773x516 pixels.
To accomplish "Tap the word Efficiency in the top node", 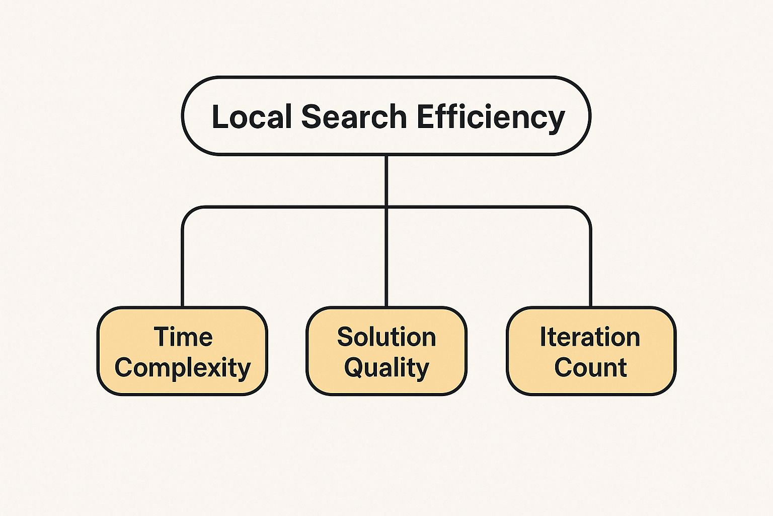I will [x=491, y=117].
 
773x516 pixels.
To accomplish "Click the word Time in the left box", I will [x=183, y=337].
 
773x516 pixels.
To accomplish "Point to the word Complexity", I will [x=182, y=368].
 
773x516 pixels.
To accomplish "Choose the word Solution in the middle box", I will [x=386, y=337].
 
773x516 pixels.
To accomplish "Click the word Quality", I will [x=386, y=368].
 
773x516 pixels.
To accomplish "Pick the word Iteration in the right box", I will [x=590, y=337].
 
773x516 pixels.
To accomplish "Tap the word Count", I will [x=590, y=367].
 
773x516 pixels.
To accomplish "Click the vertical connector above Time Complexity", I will [x=183, y=267].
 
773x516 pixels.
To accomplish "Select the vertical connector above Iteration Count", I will [x=590, y=267].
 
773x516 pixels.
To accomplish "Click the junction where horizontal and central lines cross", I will [x=386, y=207].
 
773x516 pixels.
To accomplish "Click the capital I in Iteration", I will [x=544, y=337].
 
